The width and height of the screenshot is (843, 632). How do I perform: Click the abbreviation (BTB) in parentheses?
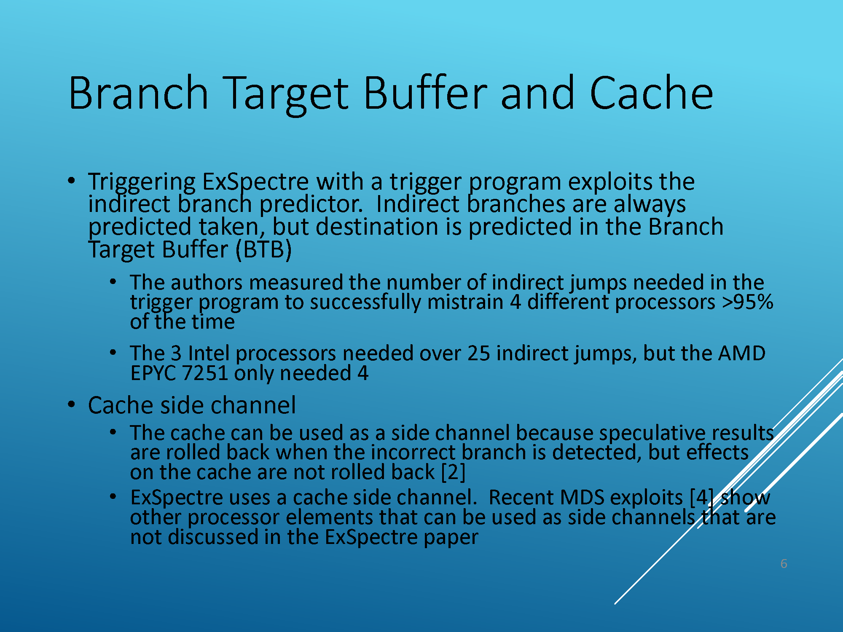(x=263, y=249)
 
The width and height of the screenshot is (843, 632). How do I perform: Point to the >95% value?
(x=747, y=302)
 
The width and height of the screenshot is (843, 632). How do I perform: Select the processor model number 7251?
(x=205, y=373)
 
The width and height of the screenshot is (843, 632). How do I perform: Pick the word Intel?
(x=209, y=353)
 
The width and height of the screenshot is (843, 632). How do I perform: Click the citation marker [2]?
(x=453, y=472)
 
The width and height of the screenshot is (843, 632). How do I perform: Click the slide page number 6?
(x=784, y=564)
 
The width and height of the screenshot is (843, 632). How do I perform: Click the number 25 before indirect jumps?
(x=478, y=353)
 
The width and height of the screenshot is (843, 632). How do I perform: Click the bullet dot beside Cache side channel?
(x=72, y=405)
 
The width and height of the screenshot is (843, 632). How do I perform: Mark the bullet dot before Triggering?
(x=72, y=181)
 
